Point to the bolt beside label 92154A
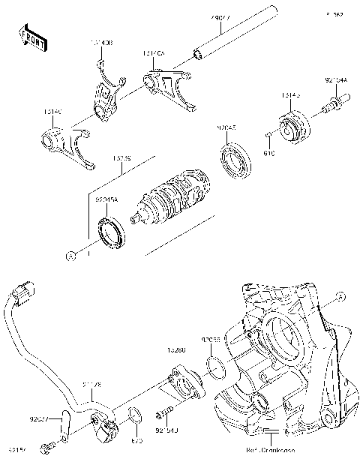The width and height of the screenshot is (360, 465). [x=331, y=105]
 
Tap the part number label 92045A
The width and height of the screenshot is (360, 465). [x=107, y=200]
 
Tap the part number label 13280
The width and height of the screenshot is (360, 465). [x=176, y=349]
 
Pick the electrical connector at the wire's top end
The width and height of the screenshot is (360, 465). [x=25, y=289]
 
